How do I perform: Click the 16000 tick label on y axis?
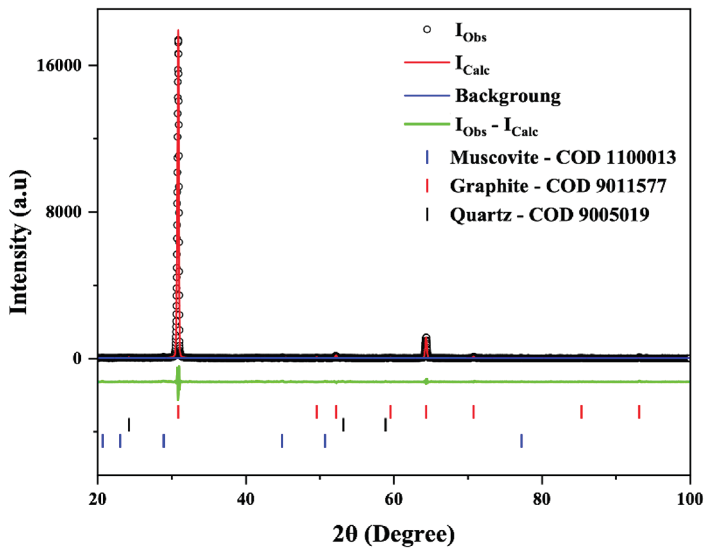click(58, 65)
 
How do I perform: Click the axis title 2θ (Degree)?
click(393, 534)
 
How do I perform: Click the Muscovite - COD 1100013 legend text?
click(563, 158)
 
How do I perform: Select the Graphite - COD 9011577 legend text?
click(558, 186)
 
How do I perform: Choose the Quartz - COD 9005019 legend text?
click(549, 214)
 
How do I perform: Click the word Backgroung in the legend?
click(508, 96)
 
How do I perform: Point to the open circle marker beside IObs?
click(427, 29)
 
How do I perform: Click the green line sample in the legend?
click(427, 124)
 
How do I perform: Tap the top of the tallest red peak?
click(178, 31)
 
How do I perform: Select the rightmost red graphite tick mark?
click(639, 412)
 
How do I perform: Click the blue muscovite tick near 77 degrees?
click(521, 441)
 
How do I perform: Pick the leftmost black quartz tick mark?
click(129, 424)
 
